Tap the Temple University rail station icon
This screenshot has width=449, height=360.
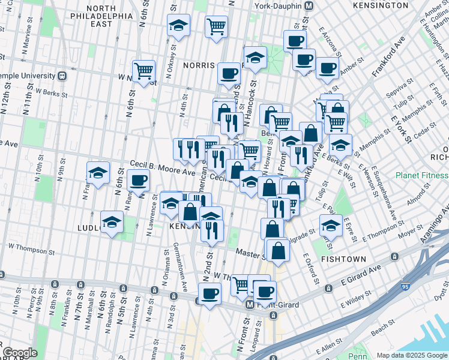(x=62, y=76)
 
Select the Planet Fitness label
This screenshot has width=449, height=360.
(x=421, y=175)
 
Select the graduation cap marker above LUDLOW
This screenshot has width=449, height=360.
(x=98, y=173)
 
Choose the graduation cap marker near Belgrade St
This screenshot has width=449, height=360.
(x=331, y=225)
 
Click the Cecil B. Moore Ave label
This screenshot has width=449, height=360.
(x=163, y=168)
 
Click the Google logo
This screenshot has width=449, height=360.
(x=20, y=353)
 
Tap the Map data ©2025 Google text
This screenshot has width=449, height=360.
(x=411, y=355)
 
